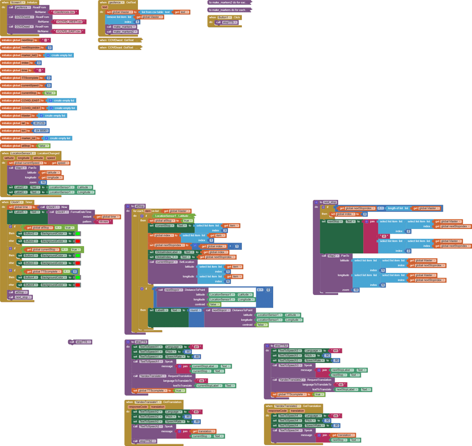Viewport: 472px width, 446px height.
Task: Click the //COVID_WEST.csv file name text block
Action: pos(69,22)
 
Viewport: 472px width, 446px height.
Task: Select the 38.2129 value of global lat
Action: pos(39,123)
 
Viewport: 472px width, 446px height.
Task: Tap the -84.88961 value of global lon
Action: pos(41,131)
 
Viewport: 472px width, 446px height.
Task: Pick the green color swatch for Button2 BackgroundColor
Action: pos(78,234)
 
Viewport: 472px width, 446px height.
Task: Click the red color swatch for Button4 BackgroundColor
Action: pos(78,285)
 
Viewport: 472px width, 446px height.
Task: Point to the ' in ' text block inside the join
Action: pos(383,236)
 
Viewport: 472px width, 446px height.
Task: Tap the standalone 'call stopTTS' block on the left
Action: pos(80,342)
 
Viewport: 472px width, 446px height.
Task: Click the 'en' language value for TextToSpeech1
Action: pos(196,347)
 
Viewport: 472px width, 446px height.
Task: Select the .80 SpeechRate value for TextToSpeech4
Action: pos(336,426)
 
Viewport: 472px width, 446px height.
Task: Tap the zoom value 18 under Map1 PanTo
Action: pos(43,182)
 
